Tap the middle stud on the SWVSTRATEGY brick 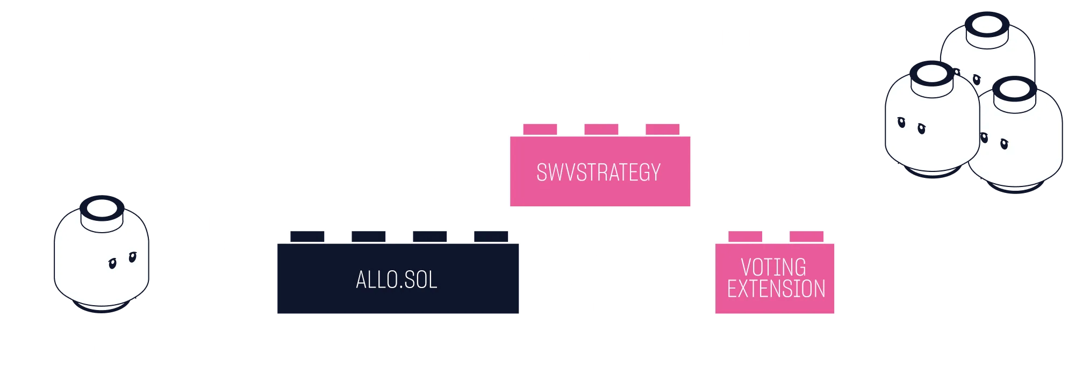[601, 129]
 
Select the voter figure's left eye [112, 263]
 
